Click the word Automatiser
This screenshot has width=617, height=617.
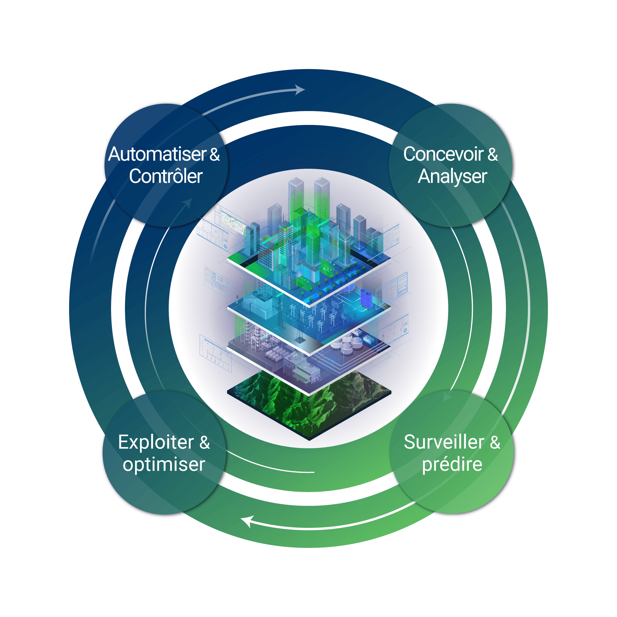[x=157, y=155]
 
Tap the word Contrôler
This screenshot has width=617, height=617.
[x=166, y=176]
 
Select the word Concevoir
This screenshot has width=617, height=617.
[x=443, y=155]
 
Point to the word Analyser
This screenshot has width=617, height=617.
[x=452, y=176]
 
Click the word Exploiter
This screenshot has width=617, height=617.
[x=156, y=443]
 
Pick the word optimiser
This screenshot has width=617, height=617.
[x=164, y=465]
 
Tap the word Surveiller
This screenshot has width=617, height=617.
[x=444, y=443]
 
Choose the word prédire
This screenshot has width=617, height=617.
[x=452, y=465]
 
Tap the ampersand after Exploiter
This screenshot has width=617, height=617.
[x=205, y=443]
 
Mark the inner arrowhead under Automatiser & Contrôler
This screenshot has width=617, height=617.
[x=188, y=203]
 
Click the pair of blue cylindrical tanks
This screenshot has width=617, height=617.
[x=366, y=299]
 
